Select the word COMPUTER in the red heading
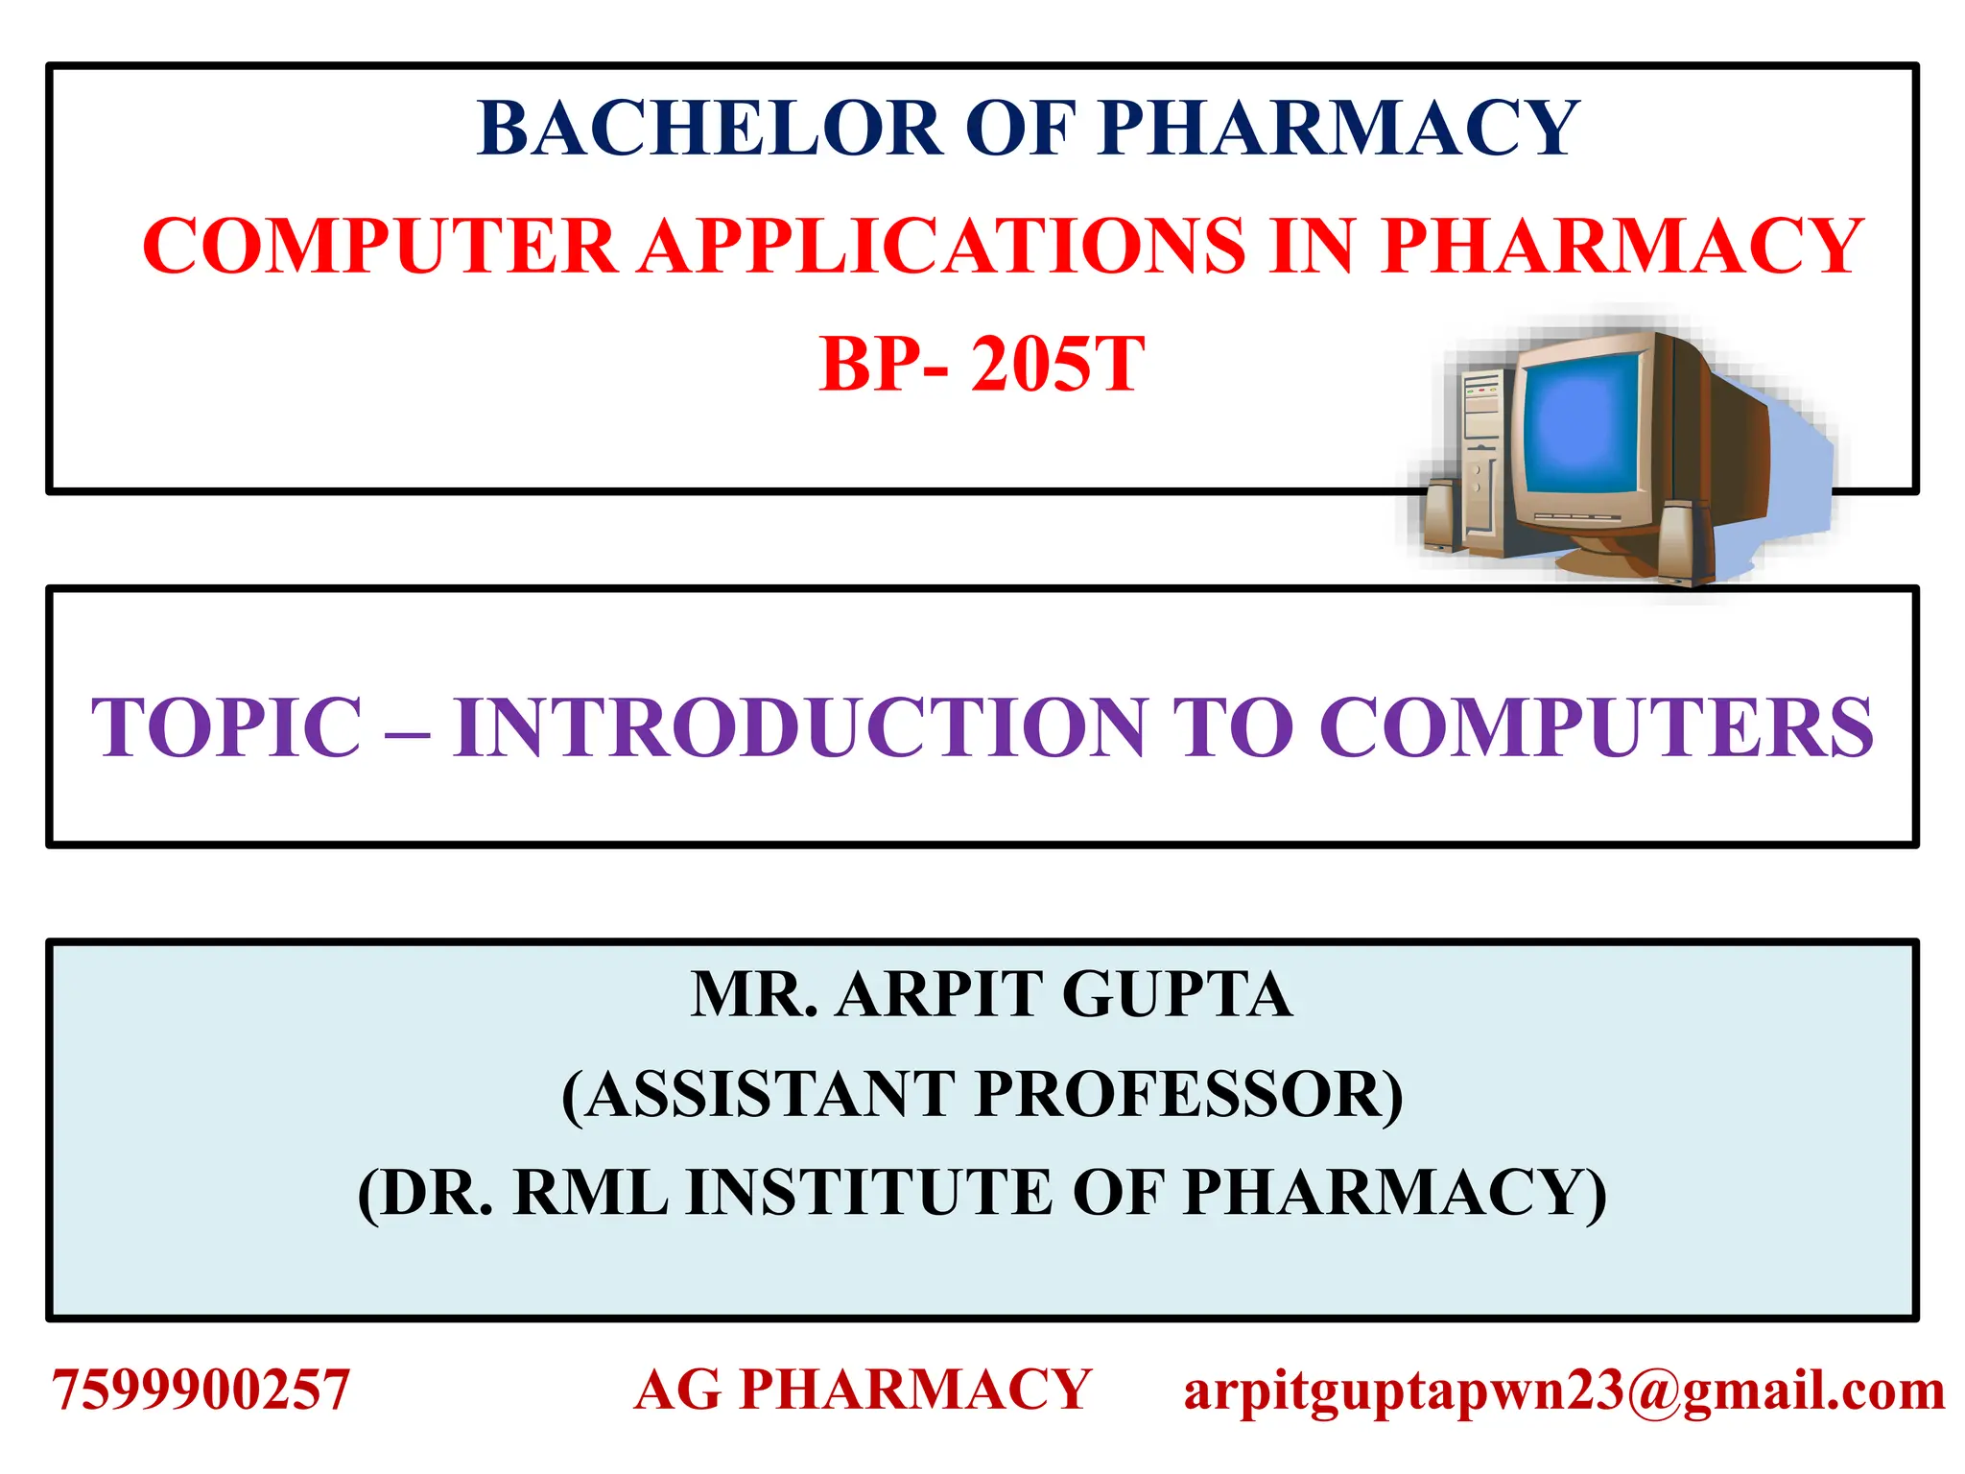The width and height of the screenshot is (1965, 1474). coord(379,247)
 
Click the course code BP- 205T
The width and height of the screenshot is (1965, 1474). coord(981,365)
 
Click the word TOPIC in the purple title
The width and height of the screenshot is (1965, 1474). coord(226,727)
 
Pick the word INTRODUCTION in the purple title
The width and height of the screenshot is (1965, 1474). coord(801,727)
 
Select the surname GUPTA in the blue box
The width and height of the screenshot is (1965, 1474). coord(1176,995)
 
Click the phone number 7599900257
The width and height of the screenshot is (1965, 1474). coord(201,1391)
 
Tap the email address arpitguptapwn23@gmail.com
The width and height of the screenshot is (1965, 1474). coord(1564,1391)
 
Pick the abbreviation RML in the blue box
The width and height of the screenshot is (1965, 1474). coord(590,1193)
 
